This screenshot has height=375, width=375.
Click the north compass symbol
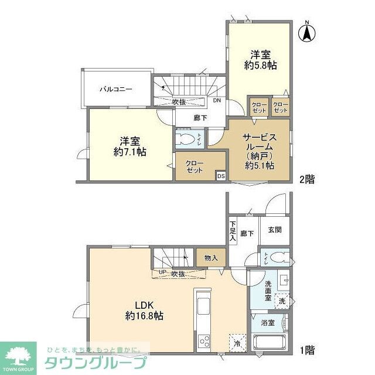(x=306, y=32)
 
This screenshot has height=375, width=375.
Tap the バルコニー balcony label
(x=115, y=90)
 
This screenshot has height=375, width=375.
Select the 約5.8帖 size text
(x=260, y=66)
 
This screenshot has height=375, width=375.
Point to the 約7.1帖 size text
(x=130, y=151)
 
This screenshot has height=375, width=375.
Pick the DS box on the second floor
(x=221, y=175)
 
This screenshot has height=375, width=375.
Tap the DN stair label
(x=217, y=101)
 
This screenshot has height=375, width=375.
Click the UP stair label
(x=161, y=273)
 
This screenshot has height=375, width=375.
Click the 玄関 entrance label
(x=275, y=230)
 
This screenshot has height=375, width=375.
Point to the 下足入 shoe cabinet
(x=233, y=230)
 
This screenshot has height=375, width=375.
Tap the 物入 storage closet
(x=212, y=258)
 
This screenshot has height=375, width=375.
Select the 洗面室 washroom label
(x=268, y=291)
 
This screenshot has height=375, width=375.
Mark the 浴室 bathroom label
(x=268, y=322)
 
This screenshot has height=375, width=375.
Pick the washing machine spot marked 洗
(x=282, y=301)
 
